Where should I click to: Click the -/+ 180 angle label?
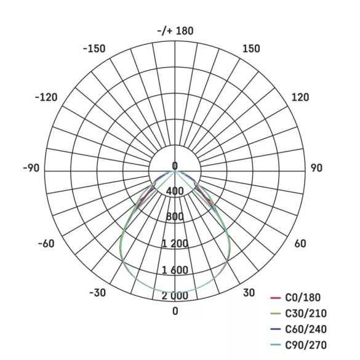coord(175,31)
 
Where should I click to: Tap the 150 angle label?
coord(251,49)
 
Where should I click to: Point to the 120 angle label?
coord(300,97)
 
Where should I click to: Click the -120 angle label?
coord(46,97)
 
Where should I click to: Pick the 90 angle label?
coord(316,169)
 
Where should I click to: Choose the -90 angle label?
coord(31,169)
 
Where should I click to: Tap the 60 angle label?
coord(300,244)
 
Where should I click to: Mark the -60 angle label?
coord(46,244)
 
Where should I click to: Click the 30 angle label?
coord(249,292)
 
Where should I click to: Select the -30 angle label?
coord(98,292)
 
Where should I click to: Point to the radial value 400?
coord(175,191)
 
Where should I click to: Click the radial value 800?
coord(175,217)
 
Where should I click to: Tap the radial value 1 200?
coord(175,244)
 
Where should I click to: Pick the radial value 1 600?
coord(175,270)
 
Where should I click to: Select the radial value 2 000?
coord(175,296)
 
